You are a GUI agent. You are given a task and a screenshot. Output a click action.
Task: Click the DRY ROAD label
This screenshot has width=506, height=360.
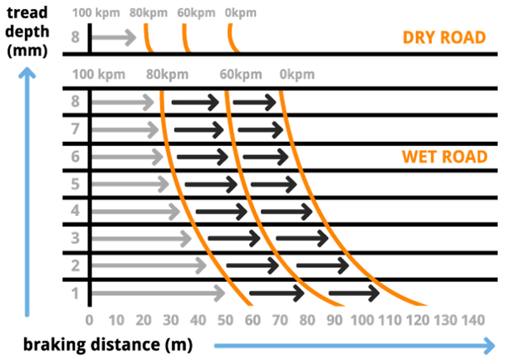point(444,37)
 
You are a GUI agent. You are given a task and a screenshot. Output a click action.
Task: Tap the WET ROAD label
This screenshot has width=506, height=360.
point(445,157)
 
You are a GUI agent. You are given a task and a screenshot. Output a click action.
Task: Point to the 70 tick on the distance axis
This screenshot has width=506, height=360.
point(280,321)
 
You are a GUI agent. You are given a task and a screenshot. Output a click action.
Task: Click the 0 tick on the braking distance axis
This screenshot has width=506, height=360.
point(90,321)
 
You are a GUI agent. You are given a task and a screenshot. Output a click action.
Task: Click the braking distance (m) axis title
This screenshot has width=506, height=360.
point(108,345)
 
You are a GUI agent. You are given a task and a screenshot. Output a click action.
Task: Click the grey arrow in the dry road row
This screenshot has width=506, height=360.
point(114,37)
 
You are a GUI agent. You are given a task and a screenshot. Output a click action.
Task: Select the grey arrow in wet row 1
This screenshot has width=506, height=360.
point(158,293)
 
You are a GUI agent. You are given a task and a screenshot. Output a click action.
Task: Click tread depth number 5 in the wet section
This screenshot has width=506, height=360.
point(75,184)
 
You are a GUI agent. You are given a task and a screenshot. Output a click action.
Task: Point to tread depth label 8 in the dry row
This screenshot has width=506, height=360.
point(75,37)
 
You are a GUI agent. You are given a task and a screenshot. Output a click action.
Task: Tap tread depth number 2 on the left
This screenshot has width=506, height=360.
point(75,265)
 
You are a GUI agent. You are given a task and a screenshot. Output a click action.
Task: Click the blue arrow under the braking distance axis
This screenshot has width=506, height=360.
point(354,346)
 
